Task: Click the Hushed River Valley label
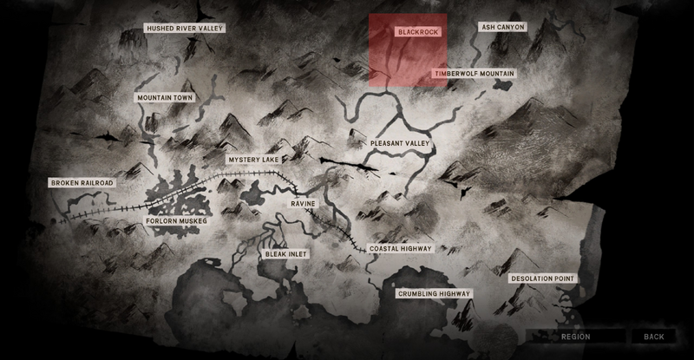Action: [x=185, y=29]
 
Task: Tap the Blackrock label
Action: [x=418, y=31]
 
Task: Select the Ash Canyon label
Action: [x=503, y=28]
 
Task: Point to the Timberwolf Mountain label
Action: [x=474, y=75]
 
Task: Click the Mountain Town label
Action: [x=165, y=98]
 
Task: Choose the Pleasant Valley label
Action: [x=400, y=142]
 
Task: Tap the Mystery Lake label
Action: [x=254, y=160]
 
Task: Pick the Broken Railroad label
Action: [x=82, y=183]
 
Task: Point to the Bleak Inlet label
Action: [x=286, y=254]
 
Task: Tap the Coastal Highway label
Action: [x=401, y=249]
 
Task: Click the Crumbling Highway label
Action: [x=435, y=295]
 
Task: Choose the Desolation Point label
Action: [x=543, y=278]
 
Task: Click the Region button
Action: [x=575, y=337]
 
